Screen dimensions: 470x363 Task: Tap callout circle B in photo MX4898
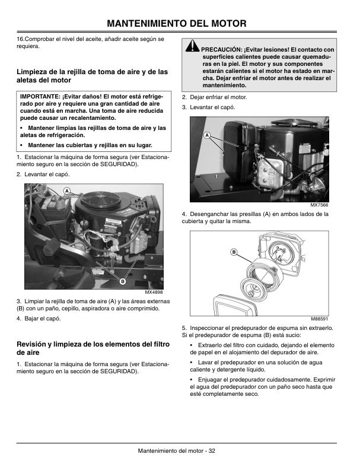tap(122, 280)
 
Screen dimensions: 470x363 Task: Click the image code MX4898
tap(153, 292)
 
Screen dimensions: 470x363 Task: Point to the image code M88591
tap(319, 319)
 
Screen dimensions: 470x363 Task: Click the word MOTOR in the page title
tap(225, 24)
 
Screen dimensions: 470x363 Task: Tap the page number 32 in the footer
tap(211, 451)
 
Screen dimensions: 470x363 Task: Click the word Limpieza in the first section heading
tap(33, 72)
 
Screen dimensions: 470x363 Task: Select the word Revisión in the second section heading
tap(34, 344)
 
